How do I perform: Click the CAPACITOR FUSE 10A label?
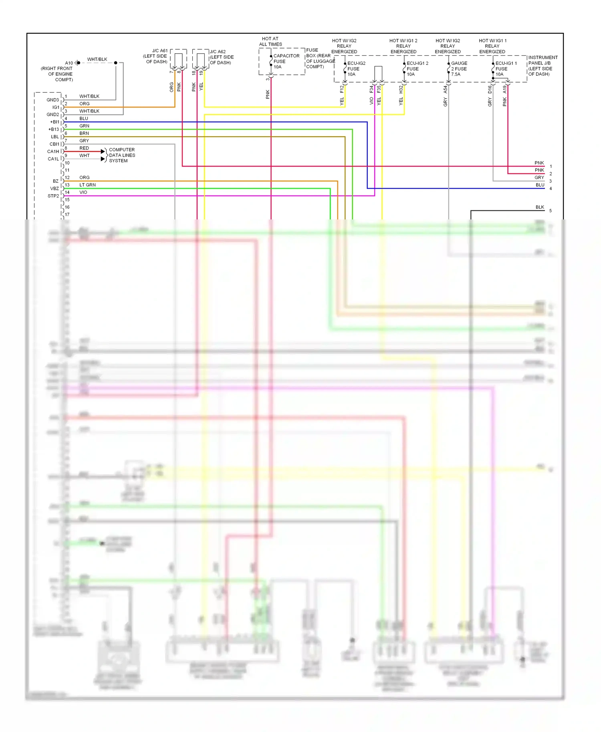286,61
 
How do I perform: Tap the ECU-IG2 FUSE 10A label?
356,68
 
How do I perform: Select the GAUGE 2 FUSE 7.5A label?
459,68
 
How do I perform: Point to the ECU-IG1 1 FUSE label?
506,68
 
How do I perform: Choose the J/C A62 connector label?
222,57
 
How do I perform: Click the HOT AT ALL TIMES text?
270,41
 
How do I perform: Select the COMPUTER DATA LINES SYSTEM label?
122,155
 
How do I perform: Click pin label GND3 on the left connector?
52,100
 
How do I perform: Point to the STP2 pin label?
53,196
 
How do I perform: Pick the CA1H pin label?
53,151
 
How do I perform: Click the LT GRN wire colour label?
87,185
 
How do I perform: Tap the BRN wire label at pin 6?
84,133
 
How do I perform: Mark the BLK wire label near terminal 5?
540,207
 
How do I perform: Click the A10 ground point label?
69,63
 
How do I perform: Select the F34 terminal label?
371,89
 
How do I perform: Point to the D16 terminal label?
490,89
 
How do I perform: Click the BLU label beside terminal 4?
540,185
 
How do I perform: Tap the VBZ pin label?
54,188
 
